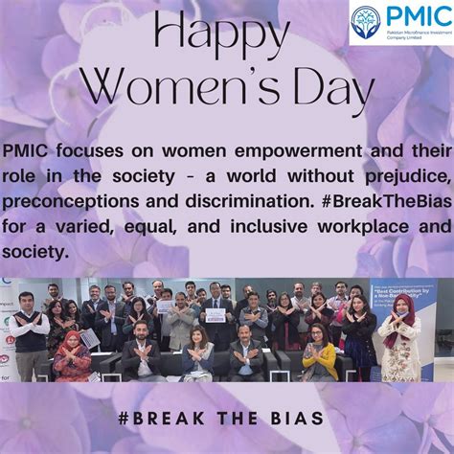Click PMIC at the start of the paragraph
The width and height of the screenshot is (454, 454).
tap(24, 152)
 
